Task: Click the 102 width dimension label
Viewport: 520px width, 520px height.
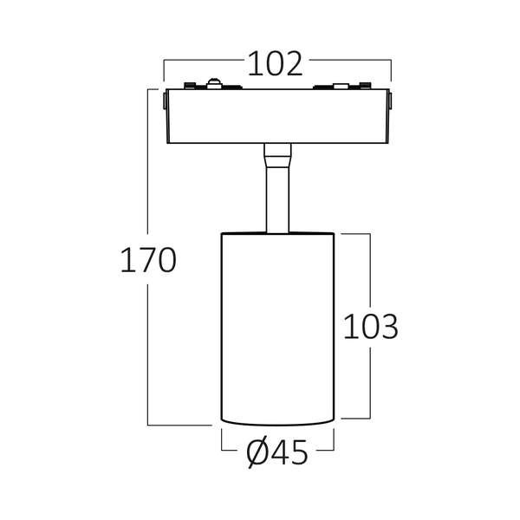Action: (x=276, y=64)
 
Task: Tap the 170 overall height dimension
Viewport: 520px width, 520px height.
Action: (x=148, y=261)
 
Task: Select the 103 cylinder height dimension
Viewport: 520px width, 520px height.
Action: (x=370, y=327)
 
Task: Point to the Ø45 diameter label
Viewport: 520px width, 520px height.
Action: (x=277, y=452)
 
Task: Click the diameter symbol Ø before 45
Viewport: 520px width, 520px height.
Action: (x=257, y=452)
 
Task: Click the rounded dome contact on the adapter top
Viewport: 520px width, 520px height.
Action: (x=214, y=83)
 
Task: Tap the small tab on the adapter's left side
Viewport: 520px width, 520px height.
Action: (x=165, y=101)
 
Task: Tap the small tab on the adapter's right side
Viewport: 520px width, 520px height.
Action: (x=390, y=101)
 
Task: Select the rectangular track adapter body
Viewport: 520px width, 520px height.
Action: (x=278, y=116)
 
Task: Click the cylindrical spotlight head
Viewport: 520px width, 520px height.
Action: (x=277, y=329)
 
